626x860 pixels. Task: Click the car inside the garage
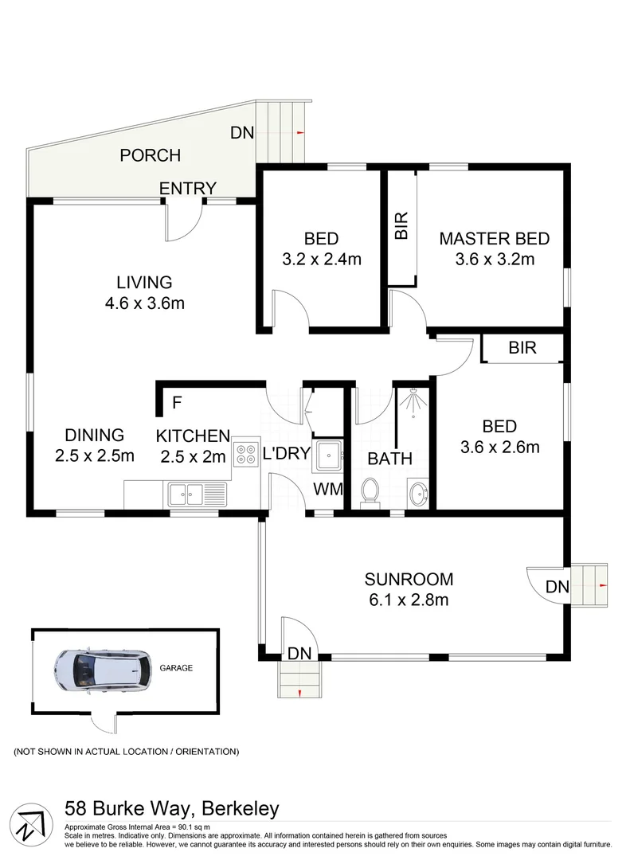coord(104,670)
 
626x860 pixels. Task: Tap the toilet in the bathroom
coord(370,491)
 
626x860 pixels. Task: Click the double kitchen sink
coord(195,495)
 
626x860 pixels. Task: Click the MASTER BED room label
coord(494,238)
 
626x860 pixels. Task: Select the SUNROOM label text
coord(409,579)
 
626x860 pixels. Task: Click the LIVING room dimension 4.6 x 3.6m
coord(144,303)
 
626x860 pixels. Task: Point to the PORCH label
coord(150,155)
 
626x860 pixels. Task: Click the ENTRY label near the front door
coord(188,189)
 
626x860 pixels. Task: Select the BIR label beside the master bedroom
coord(401,225)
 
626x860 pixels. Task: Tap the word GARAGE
coord(176,668)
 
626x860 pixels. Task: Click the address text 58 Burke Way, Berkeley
coord(171,809)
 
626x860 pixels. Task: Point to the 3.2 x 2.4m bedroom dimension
coord(321,258)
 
